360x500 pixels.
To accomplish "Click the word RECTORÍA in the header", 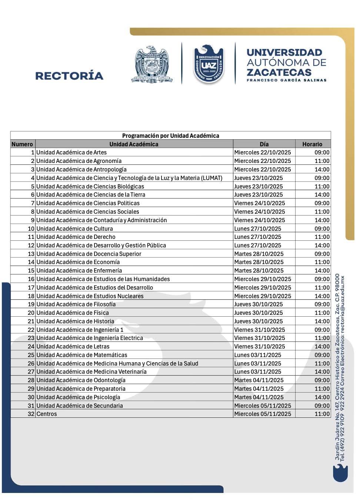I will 69,76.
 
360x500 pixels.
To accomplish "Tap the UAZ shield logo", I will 209,64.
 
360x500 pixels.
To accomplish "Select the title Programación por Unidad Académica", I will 170,136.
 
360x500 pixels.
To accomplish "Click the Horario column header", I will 312,144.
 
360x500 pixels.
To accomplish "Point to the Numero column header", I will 22,144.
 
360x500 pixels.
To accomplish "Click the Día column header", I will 264,144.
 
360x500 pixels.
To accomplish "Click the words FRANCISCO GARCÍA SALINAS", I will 287,80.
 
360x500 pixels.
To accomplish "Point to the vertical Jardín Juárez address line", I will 337,367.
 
